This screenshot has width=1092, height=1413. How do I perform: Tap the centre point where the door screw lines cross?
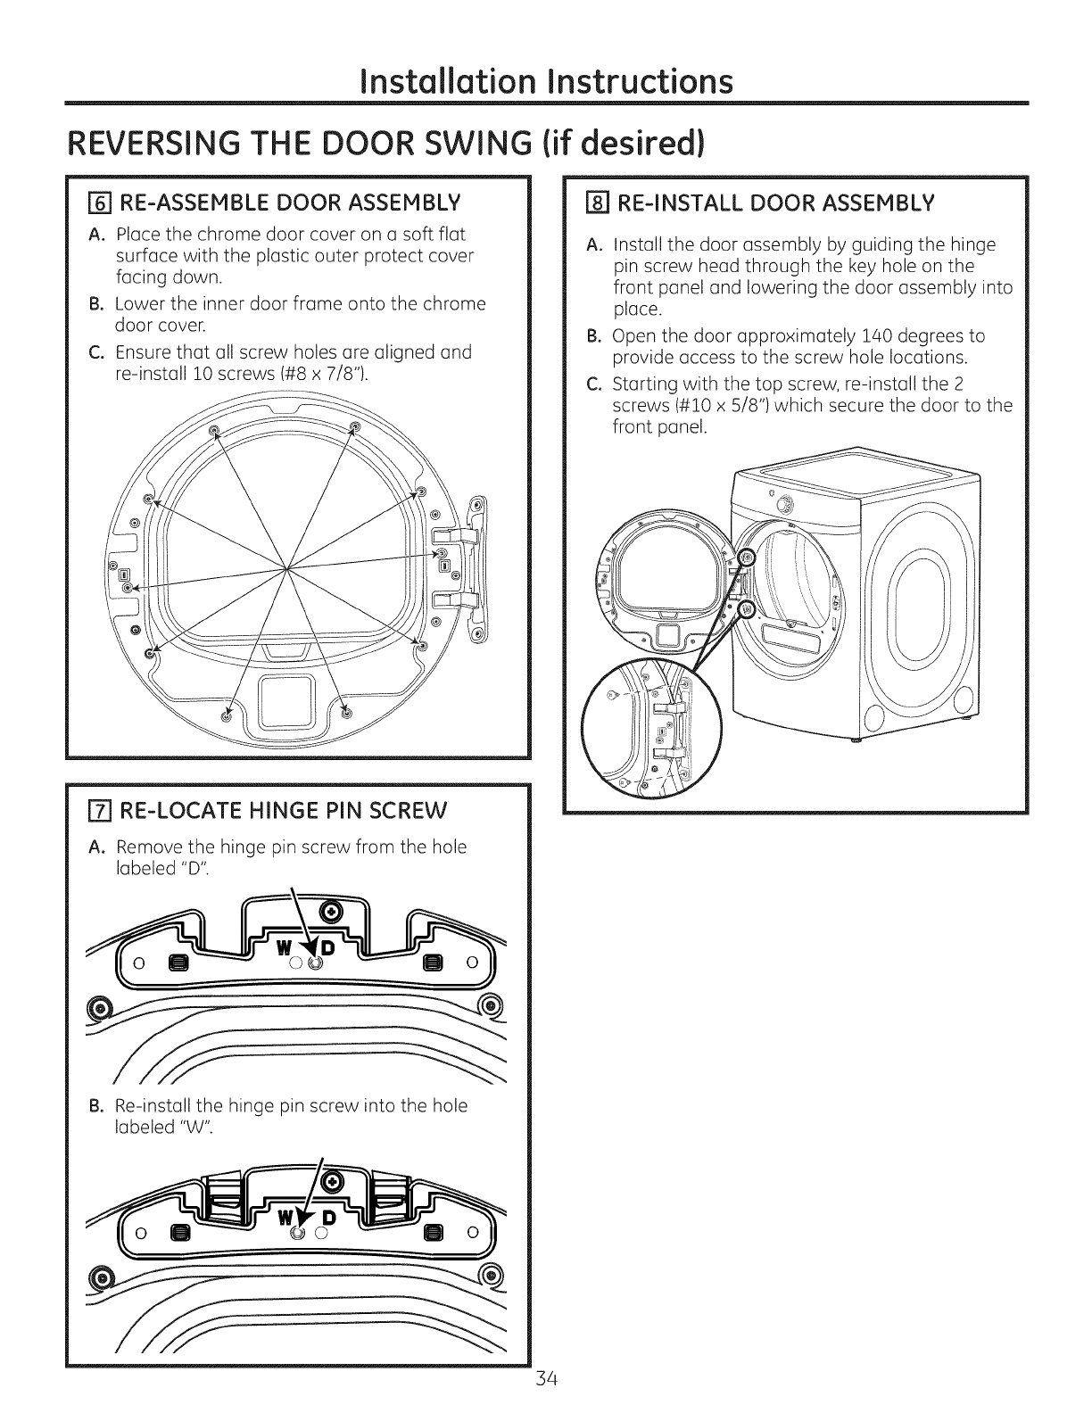pyautogui.click(x=286, y=567)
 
